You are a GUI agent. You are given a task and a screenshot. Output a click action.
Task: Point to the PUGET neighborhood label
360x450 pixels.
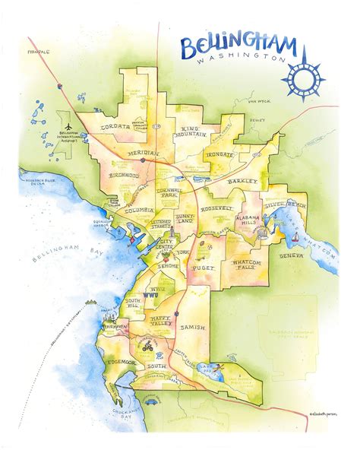pos(208,268)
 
